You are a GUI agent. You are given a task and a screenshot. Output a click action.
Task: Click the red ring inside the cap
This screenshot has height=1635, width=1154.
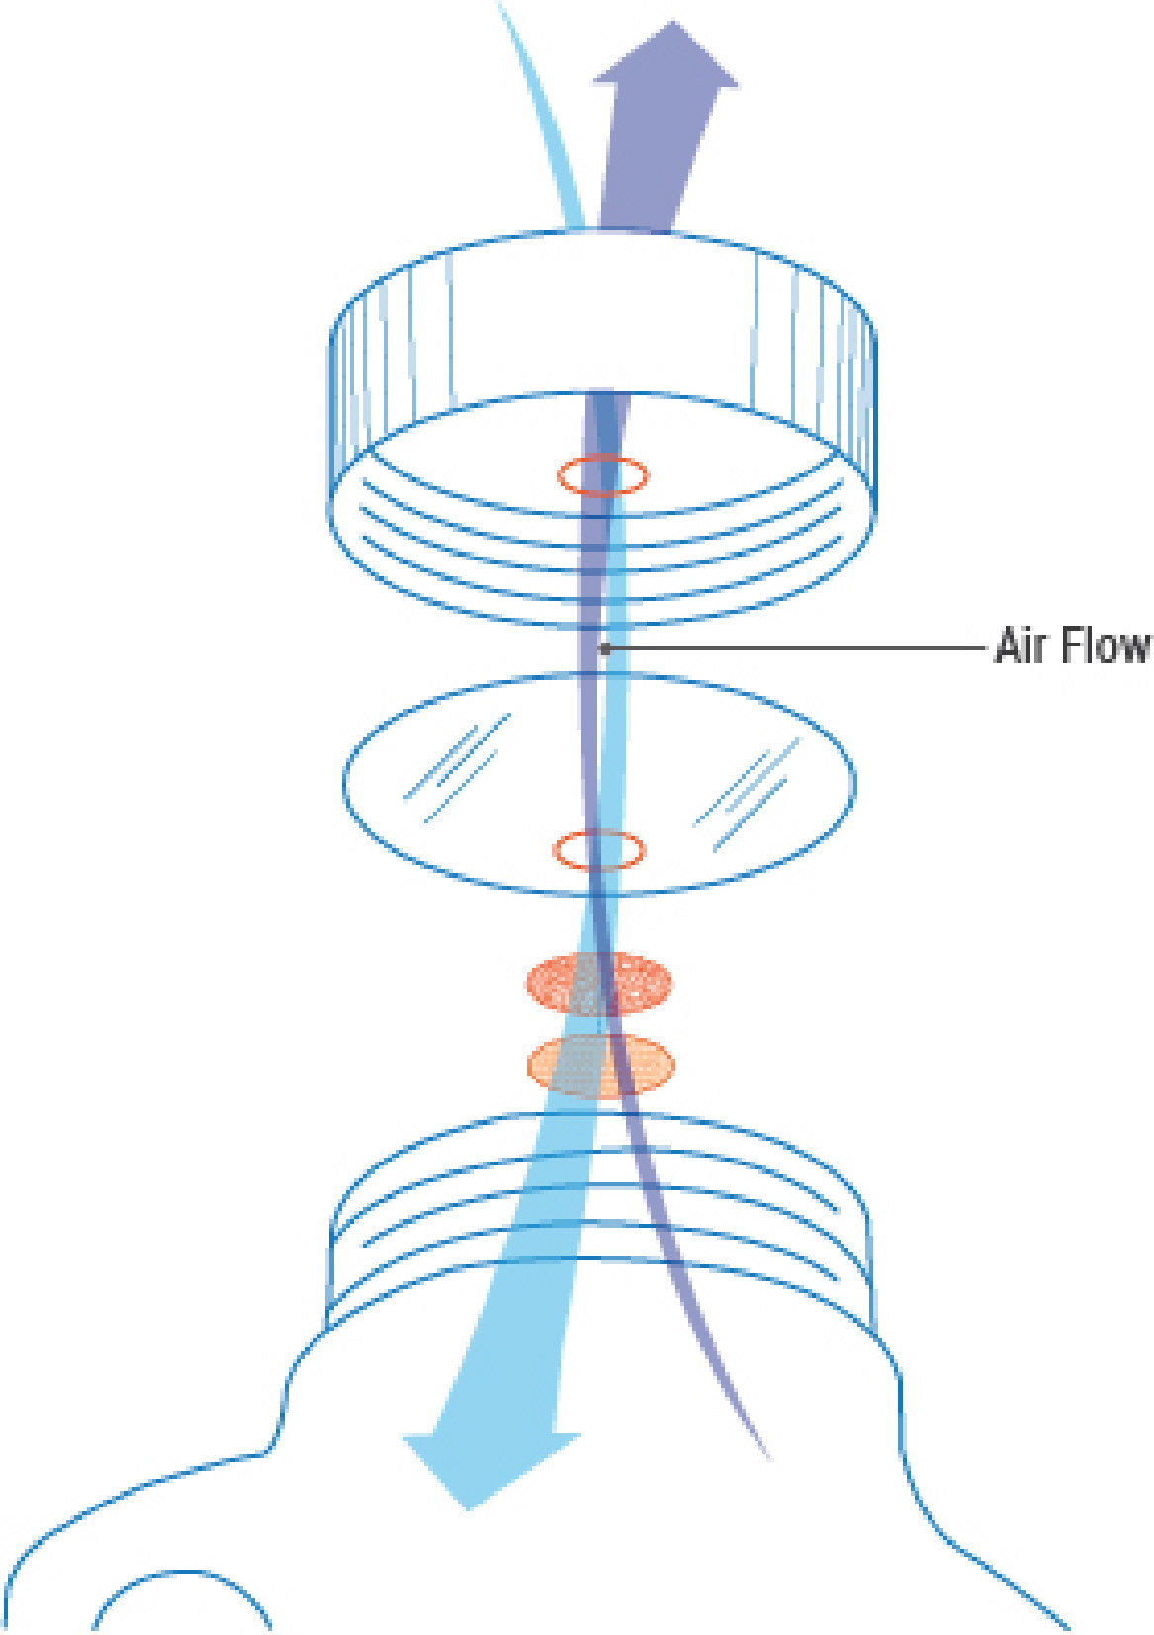click(x=602, y=475)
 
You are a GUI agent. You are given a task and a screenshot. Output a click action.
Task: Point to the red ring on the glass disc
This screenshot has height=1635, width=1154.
click(x=598, y=850)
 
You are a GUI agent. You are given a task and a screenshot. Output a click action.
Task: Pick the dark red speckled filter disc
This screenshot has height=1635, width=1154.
click(x=598, y=983)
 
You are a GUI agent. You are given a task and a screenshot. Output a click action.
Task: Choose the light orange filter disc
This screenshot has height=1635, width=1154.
click(x=600, y=1066)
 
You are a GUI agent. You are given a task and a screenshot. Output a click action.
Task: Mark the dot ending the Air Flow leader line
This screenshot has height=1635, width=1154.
click(x=605, y=649)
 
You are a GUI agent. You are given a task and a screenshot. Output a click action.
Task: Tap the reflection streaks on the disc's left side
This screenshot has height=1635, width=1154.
click(x=457, y=768)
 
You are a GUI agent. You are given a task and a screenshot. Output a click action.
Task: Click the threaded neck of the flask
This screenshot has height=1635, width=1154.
click(x=599, y=1216)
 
